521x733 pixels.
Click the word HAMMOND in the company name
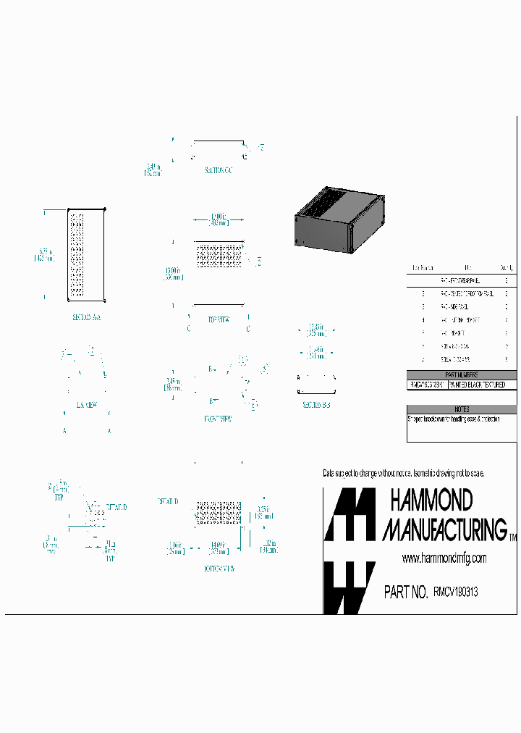pos(431,500)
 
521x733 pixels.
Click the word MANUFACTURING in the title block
pos(444,529)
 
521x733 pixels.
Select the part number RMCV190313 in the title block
pos(455,592)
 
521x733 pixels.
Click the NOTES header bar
pos(462,409)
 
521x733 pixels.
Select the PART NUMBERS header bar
pos(462,374)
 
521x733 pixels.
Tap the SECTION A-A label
pos(86,317)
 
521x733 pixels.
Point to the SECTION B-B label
pos(316,406)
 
